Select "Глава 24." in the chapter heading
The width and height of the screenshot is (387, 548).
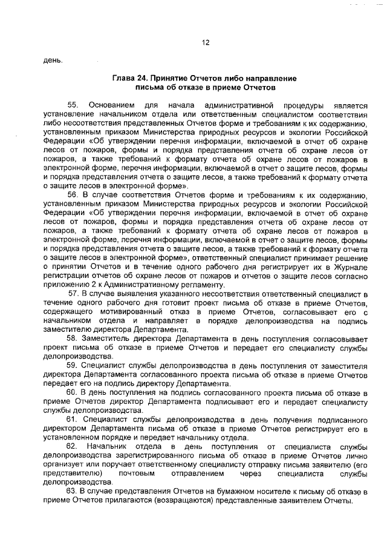pos(131,79)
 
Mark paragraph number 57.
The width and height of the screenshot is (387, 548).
pos(74,294)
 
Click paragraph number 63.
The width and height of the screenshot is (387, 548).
pos(72,492)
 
